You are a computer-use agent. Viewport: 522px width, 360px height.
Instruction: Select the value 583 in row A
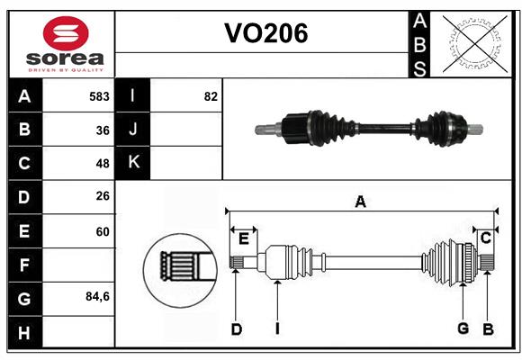point(99,96)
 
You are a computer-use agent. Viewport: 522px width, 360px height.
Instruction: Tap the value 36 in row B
point(102,130)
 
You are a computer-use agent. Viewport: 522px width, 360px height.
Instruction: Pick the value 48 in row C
point(102,164)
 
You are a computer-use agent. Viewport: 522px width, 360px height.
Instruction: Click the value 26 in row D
point(102,197)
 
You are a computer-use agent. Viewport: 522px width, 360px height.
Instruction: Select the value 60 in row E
point(102,231)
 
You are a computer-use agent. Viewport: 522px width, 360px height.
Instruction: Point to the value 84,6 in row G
point(96,297)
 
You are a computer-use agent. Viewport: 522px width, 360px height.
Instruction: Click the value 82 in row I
point(211,96)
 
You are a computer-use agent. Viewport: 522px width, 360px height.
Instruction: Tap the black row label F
point(24,265)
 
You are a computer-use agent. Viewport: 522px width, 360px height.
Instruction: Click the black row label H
point(24,332)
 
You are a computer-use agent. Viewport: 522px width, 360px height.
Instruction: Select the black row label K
point(133,163)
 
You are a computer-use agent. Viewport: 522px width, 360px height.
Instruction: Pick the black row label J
point(133,130)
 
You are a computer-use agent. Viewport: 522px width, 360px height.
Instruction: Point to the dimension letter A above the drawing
point(360,202)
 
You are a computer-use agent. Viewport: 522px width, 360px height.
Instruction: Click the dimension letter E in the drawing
point(243,238)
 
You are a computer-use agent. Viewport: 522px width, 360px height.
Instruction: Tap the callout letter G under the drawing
point(463,328)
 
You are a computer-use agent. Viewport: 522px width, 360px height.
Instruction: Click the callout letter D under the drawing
point(236,329)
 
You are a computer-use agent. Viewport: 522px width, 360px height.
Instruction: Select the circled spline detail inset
point(178,266)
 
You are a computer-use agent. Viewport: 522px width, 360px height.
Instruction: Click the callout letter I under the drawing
point(277,329)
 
